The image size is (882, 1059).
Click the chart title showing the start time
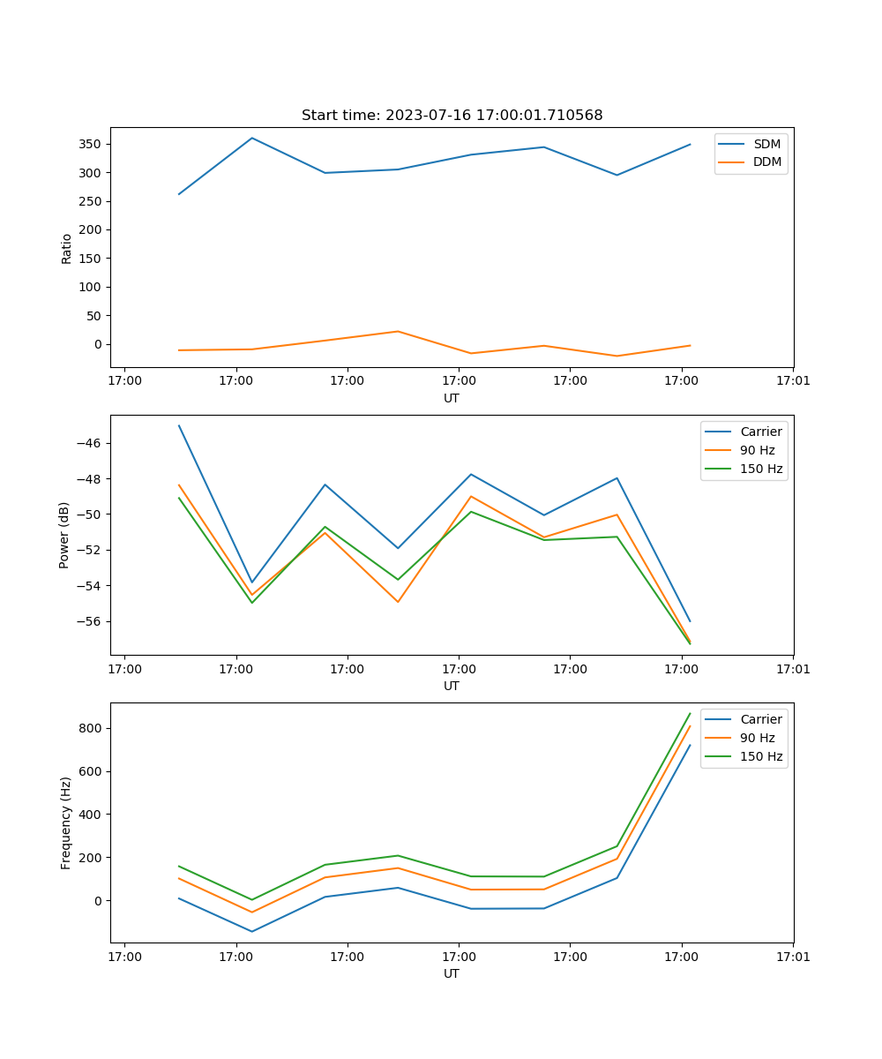(x=452, y=116)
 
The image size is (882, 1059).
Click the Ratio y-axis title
(x=67, y=248)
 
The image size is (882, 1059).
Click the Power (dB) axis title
(x=65, y=536)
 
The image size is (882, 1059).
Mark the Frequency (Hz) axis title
(x=66, y=822)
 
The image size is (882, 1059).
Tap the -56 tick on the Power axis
(x=92, y=621)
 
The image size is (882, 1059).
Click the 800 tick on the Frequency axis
(x=93, y=728)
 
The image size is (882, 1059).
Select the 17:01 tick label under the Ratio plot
(x=792, y=381)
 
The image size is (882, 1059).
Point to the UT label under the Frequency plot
(x=452, y=973)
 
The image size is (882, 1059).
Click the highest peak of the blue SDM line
(x=252, y=138)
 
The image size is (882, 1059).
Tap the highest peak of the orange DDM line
(x=398, y=332)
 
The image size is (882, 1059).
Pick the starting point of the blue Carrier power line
(x=179, y=425)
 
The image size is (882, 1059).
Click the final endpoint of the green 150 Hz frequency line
(x=690, y=713)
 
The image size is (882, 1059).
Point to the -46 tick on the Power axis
(x=92, y=443)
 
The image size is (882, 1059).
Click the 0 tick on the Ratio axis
(x=97, y=344)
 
